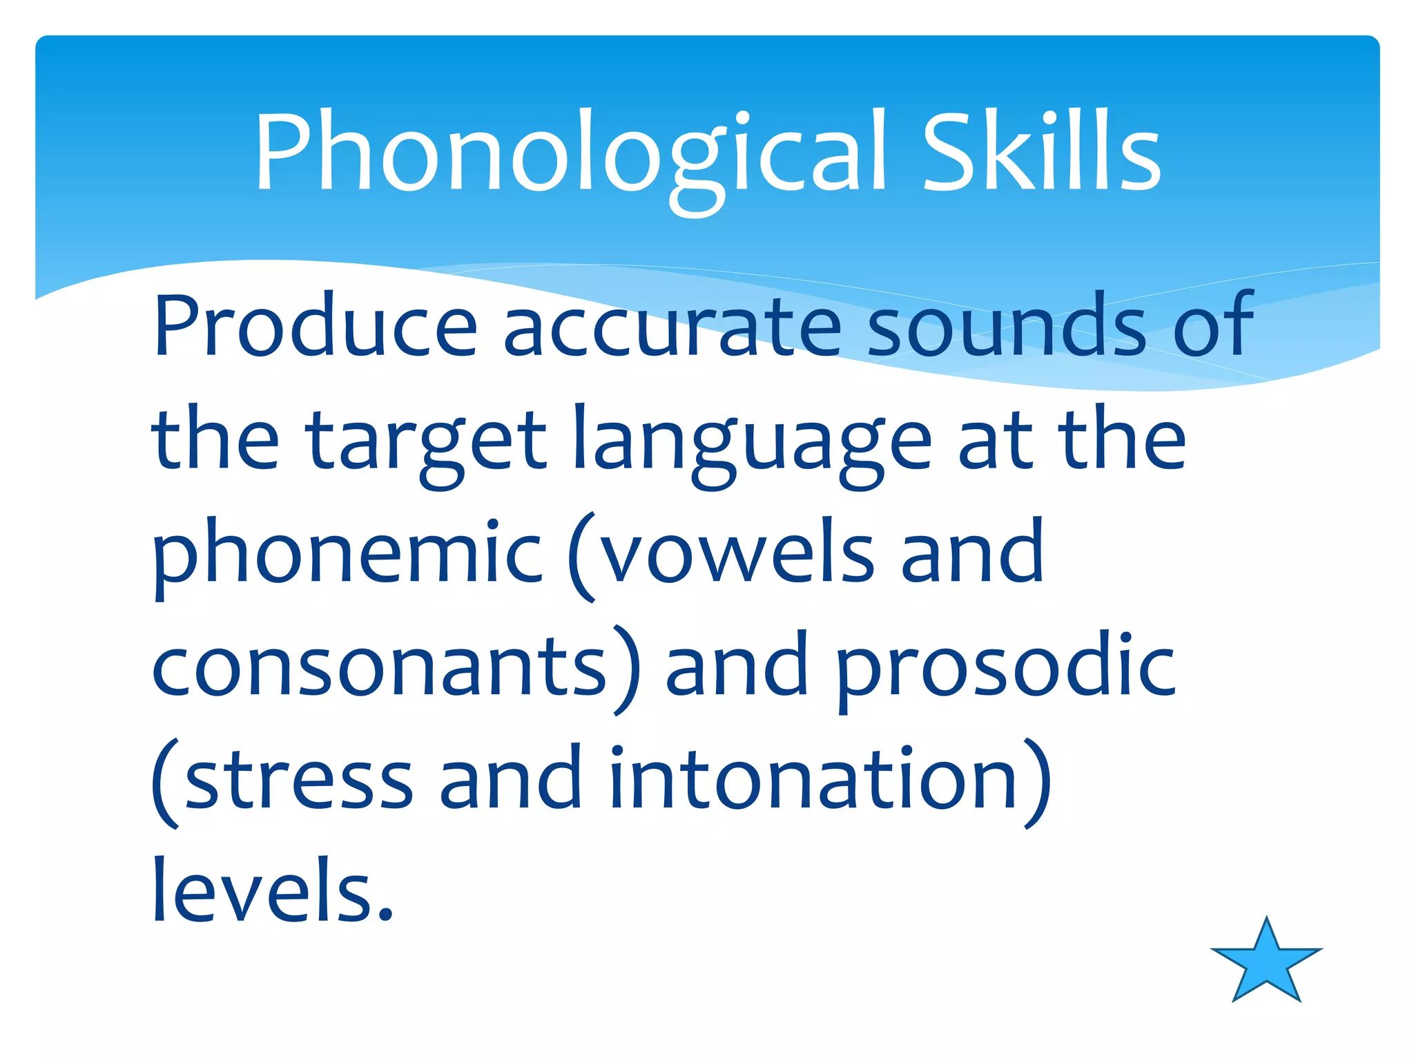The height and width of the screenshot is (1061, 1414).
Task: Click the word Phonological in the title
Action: click(570, 153)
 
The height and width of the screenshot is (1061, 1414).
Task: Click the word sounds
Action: click(1005, 326)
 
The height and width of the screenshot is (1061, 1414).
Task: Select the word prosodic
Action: click(1005, 667)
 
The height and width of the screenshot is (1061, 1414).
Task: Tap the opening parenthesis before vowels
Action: click(582, 556)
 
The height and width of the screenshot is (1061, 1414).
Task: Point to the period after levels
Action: click(385, 915)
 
